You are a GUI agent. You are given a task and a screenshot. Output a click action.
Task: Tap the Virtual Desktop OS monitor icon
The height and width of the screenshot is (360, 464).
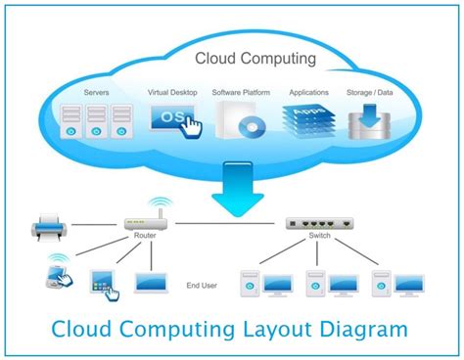click(175, 119)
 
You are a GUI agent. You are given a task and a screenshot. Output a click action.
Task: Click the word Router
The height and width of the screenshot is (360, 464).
click(144, 237)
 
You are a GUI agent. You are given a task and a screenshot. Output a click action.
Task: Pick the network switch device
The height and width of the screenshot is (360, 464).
click(313, 223)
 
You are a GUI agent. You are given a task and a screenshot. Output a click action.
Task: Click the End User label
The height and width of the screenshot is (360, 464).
click(201, 287)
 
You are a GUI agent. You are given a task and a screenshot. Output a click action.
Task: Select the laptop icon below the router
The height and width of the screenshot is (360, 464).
click(151, 283)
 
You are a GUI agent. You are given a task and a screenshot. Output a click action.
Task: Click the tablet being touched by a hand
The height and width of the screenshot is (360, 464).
click(103, 282)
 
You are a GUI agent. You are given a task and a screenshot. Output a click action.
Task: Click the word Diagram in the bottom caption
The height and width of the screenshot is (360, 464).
click(363, 330)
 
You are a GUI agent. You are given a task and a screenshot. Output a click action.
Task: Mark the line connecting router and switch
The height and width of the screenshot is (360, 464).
click(225, 224)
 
